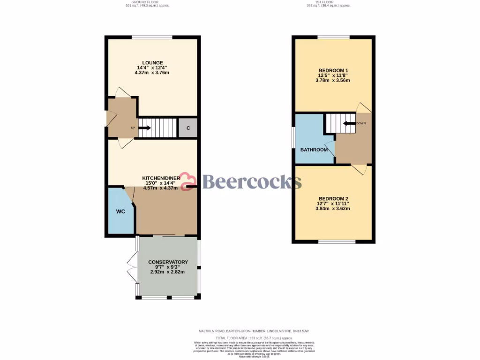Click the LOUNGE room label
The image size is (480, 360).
tap(153, 62)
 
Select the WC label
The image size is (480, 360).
tap(120, 211)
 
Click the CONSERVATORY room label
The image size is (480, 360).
tap(168, 262)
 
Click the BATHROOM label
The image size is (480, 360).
tap(314, 150)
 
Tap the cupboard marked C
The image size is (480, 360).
tap(188, 128)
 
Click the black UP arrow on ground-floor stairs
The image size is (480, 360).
tap(145, 127)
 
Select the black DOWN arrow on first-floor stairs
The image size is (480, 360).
tap(349, 124)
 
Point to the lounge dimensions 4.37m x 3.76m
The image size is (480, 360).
tap(152, 73)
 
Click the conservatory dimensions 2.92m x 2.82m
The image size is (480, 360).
tap(167, 272)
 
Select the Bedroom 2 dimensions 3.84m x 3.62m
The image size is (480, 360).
tap(333, 209)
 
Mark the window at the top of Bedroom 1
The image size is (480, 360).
tap(333, 37)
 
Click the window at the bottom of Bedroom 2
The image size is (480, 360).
tap(337, 241)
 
